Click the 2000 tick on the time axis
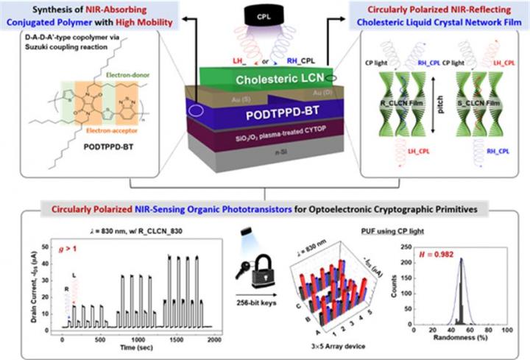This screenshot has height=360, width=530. coord(211,334)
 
